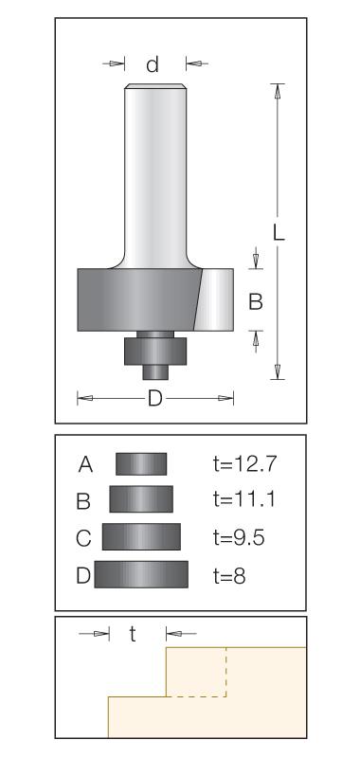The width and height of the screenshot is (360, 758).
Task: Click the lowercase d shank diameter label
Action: pos(153,63)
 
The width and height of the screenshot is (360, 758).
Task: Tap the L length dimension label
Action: pos(279,233)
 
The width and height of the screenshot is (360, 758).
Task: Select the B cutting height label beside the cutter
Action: pos(255,301)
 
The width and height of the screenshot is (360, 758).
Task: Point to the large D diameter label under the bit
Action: pos(154,399)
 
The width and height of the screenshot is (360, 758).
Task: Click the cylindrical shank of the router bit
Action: pos(154,174)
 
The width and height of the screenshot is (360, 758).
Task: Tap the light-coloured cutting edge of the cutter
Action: pos(214,299)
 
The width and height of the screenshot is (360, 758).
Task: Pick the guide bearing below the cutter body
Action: pos(155,351)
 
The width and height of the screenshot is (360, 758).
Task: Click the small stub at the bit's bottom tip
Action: pos(155,372)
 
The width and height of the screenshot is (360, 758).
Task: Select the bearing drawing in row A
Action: pos(141,464)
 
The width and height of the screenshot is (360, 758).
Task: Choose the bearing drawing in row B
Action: pos(141,499)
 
